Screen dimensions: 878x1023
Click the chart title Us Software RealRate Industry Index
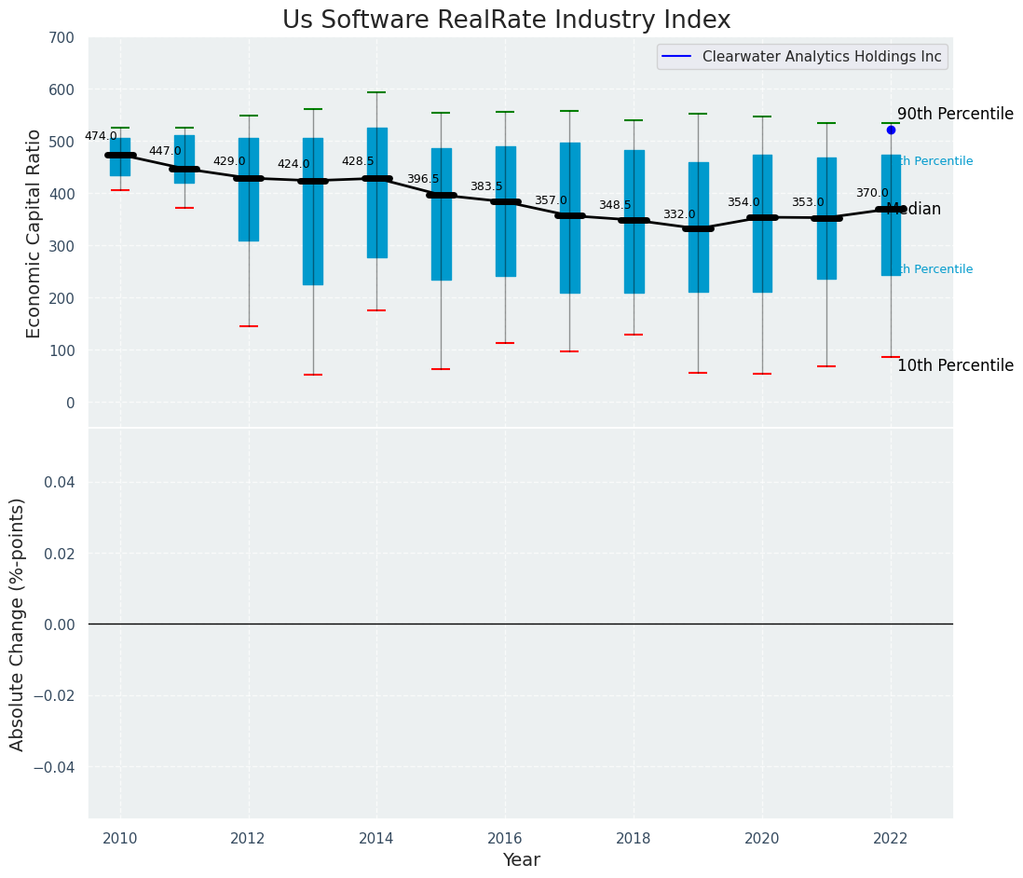[x=506, y=21]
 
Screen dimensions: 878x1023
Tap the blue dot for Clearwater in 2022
[x=891, y=130]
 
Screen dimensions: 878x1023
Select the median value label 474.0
[x=101, y=136]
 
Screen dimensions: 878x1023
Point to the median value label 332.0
[x=679, y=214]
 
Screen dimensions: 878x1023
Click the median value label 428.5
[x=358, y=161]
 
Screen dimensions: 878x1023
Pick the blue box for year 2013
[x=313, y=212]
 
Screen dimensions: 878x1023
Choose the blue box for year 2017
[x=570, y=218]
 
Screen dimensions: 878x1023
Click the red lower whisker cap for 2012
[x=249, y=326]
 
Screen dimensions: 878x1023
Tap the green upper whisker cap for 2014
[x=377, y=92]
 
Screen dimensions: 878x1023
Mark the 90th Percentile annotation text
[x=955, y=114]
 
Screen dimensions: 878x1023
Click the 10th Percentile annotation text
[x=955, y=365]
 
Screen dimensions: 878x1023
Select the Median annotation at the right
[x=915, y=210]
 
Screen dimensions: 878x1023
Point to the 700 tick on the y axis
[x=63, y=38]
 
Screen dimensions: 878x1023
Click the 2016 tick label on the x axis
[x=506, y=839]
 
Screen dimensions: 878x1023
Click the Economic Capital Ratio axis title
[x=34, y=233]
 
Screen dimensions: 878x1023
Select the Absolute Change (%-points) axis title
[x=18, y=624]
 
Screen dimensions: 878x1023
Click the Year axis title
[x=521, y=860]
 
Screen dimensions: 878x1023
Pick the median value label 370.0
[x=872, y=193]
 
